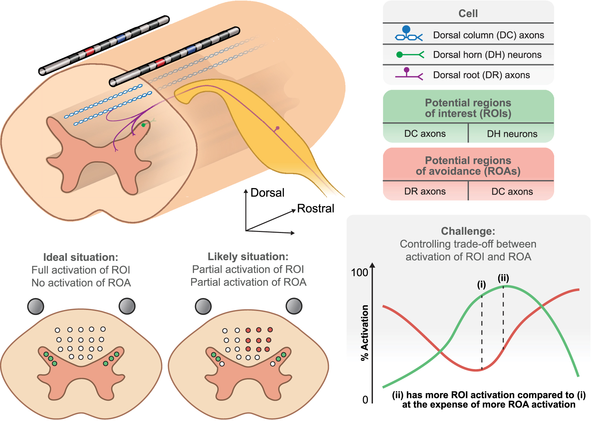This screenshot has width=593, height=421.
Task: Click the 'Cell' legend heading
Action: tap(468, 13)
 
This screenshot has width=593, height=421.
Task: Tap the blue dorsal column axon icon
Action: tap(408, 34)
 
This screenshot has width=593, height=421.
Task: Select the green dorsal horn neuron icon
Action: tap(409, 55)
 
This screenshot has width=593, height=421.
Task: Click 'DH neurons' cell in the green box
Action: tap(512, 134)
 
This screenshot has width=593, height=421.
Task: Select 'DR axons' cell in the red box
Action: tap(425, 191)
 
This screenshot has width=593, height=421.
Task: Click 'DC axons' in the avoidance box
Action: tap(512, 191)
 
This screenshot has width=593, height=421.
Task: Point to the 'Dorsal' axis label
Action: tap(267, 192)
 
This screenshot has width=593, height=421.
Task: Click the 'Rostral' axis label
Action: tap(315, 208)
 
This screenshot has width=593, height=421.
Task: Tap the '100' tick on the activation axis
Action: tap(359, 273)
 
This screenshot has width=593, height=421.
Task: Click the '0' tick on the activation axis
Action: tap(365, 400)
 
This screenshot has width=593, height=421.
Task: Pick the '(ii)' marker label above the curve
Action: tap(503, 278)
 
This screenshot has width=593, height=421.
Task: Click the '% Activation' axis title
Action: tap(364, 332)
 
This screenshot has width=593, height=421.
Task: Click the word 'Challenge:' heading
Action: tap(468, 231)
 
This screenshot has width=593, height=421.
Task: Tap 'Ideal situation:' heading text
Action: tap(80, 257)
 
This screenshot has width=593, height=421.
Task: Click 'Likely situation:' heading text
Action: tap(248, 256)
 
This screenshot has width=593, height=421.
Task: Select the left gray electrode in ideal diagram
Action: tap(35, 306)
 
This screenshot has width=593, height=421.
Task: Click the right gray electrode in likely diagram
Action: tap(294, 306)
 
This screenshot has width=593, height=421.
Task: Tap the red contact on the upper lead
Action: tap(89, 52)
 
